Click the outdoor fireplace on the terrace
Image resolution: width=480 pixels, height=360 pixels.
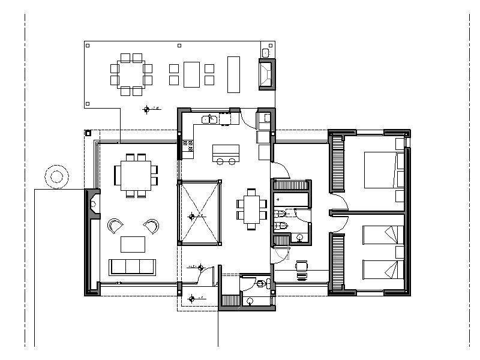point(266,74)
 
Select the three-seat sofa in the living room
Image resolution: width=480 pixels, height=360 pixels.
point(131,266)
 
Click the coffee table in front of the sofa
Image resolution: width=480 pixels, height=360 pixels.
point(133,244)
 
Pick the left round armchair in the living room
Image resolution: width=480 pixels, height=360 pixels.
point(115,226)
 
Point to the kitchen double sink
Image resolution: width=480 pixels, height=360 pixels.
point(209,119)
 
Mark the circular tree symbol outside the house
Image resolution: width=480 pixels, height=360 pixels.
point(56,176)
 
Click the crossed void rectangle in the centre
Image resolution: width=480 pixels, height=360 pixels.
point(199,212)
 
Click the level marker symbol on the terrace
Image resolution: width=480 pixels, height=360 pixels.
point(146,109)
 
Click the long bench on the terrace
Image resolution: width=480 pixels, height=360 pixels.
point(233,74)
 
